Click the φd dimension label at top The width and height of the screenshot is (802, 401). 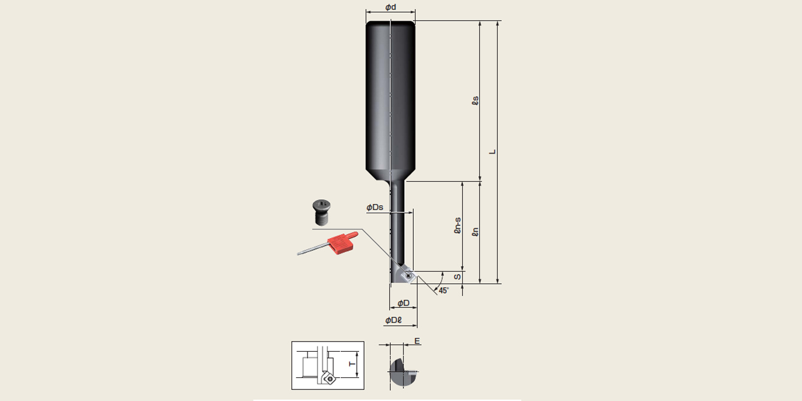pyautogui.click(x=391, y=7)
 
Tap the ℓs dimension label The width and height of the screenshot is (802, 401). pyautogui.click(x=475, y=101)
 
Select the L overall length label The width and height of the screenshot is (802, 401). pyautogui.click(x=493, y=152)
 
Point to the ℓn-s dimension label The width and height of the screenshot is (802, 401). pyautogui.click(x=458, y=225)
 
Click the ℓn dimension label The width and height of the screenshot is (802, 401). pyautogui.click(x=475, y=232)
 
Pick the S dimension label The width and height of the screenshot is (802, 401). pyautogui.click(x=458, y=277)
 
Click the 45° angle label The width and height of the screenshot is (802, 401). pyautogui.click(x=444, y=290)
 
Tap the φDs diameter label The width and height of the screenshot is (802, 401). pyautogui.click(x=374, y=207)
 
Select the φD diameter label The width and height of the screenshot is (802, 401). pyautogui.click(x=403, y=303)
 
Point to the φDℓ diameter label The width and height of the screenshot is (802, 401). pyautogui.click(x=393, y=320)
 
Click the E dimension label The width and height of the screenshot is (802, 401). pyautogui.click(x=417, y=341)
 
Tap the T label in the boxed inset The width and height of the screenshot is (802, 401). pyautogui.click(x=352, y=365)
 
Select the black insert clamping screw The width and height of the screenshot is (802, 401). pyautogui.click(x=321, y=212)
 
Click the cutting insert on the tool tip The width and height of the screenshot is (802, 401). pyautogui.click(x=408, y=275)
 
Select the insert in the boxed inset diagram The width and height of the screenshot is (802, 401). pyautogui.click(x=328, y=378)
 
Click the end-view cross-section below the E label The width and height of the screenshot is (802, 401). pyautogui.click(x=403, y=372)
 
